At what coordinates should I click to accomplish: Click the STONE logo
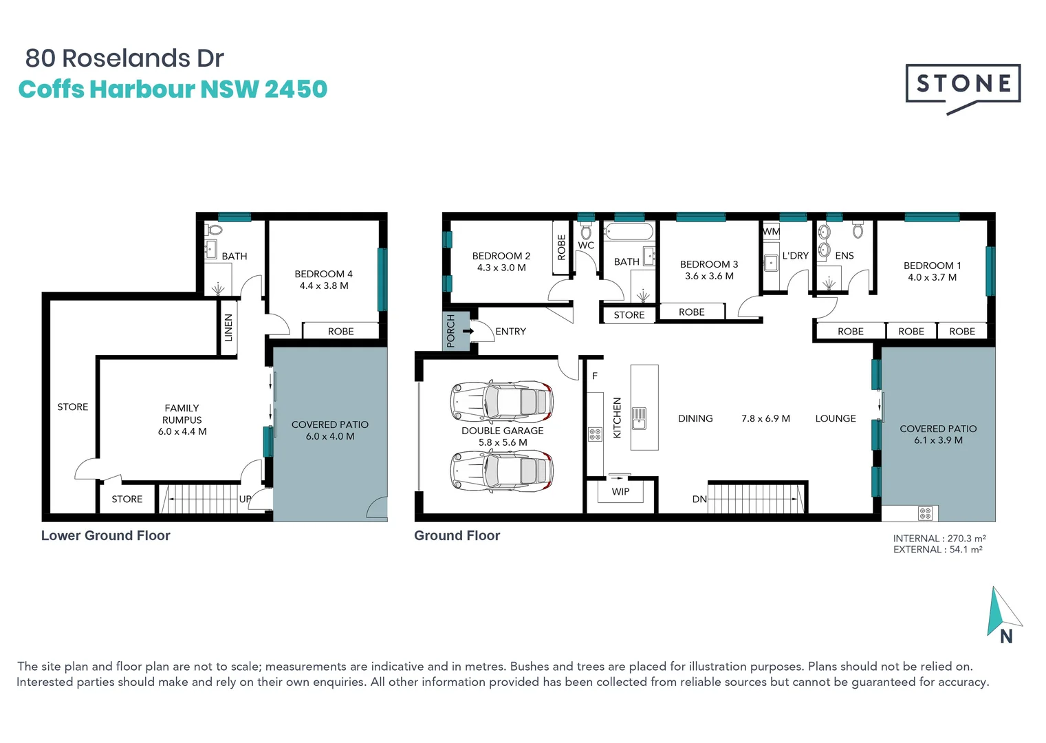[x=963, y=85]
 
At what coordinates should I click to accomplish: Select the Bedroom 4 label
[x=323, y=274]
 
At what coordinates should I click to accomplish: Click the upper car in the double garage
[x=502, y=401]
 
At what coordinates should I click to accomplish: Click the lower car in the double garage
[x=502, y=471]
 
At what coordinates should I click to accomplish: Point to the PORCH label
[x=451, y=331]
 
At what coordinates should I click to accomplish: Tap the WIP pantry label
[x=620, y=491]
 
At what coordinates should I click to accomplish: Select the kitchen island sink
[x=639, y=418]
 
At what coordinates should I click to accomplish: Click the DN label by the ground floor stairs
[x=699, y=499]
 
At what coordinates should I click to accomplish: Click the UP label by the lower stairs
[x=245, y=499]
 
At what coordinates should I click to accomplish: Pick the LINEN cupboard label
[x=228, y=327]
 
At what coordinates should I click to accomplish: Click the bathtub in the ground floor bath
[x=629, y=232]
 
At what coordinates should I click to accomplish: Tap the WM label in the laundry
[x=771, y=232]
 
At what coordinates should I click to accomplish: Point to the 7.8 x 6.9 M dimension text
[x=765, y=418]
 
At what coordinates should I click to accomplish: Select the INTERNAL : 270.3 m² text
[x=939, y=539]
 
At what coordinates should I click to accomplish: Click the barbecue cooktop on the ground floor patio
[x=925, y=513]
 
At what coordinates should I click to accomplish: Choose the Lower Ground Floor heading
[x=105, y=535]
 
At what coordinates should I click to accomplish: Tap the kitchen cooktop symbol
[x=595, y=433]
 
